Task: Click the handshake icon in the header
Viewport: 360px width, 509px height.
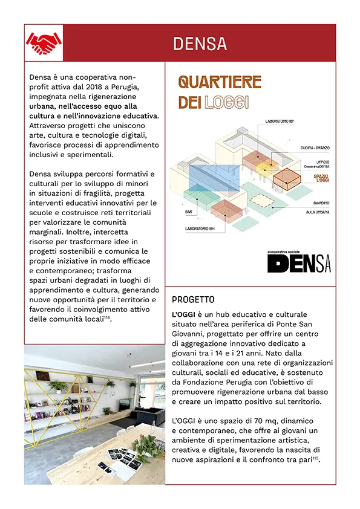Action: (44, 42)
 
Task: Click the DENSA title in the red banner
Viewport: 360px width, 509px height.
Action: (200, 44)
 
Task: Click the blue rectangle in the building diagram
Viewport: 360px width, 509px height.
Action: (212, 181)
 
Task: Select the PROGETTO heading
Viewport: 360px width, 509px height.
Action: (193, 300)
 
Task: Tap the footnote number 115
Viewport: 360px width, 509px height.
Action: (316, 458)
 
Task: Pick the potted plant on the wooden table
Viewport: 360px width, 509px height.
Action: (143, 446)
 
